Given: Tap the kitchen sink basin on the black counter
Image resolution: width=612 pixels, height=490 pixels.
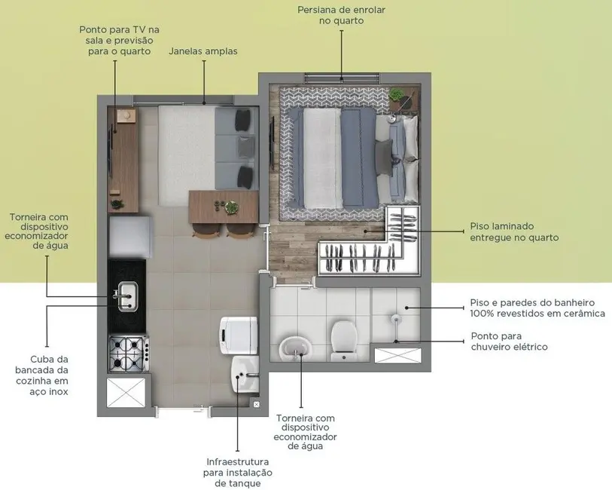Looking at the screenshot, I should point(126,296).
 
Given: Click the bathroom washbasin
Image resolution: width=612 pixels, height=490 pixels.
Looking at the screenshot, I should point(294,348).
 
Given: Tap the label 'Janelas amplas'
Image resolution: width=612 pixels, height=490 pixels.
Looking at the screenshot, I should point(203,51).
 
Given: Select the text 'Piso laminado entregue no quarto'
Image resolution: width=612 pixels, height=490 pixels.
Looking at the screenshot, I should point(514,231).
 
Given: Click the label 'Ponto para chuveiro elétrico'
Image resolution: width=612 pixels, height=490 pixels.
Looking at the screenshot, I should point(509,341).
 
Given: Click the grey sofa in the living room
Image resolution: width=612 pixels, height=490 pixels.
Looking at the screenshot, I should point(236,148).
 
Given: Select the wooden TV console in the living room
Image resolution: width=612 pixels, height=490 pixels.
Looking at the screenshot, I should point(123,159).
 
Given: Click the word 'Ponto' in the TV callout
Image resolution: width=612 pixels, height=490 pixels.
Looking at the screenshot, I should point(94,29).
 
